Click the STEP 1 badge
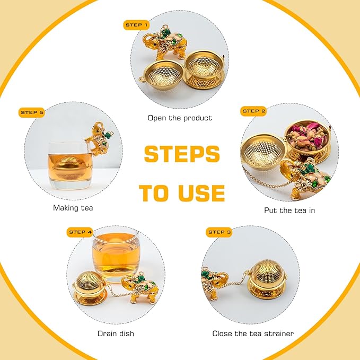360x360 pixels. pos(136,25)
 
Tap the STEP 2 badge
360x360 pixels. pos(253,111)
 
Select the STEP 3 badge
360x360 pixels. pos(219,232)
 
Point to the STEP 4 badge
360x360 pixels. pos(80,232)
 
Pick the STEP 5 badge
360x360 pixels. pos(32,112)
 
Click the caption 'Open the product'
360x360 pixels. pos(180,118)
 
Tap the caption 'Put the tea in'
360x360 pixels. pos(289,210)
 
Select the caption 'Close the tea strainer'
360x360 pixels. pos(253,333)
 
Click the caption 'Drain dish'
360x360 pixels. pos(116,333)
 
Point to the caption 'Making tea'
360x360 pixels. pos(73,208)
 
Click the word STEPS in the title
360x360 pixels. pos(182,154)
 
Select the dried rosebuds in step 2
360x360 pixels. pos(308,136)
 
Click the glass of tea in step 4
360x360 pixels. pos(116,256)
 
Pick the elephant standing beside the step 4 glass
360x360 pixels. pos(139,288)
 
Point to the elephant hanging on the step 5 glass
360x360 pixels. pos(99,138)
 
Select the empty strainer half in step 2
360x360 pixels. pos(263,153)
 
